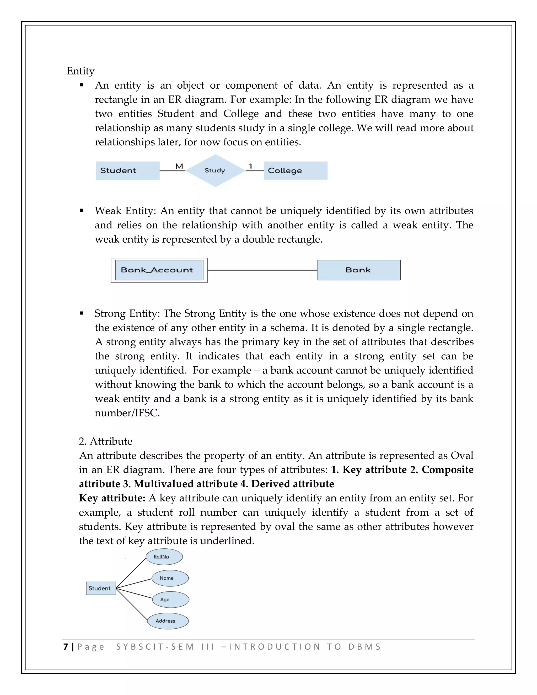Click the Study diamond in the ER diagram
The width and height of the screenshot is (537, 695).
pos(215,170)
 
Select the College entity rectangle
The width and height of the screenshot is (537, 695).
pos(295,170)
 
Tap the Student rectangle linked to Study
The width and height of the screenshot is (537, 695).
pos(128,170)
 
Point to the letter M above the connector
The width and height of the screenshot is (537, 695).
pos(179,166)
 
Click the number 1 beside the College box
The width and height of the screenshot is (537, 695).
pos(250,166)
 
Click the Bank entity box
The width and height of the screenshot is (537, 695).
pos(358,270)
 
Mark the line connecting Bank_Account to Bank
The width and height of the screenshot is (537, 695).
pos(262,270)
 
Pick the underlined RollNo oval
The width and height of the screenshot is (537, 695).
pos(164,557)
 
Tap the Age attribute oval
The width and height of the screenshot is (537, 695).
pos(170,600)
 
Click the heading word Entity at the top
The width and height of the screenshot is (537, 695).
pos(80,71)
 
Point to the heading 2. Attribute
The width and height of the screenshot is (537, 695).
pos(105,441)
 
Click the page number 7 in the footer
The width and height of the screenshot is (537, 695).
pos(66,647)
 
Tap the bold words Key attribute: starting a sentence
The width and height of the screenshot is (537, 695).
pos(112,498)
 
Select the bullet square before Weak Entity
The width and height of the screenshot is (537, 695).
pos(82,210)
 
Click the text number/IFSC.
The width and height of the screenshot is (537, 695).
pos(127,413)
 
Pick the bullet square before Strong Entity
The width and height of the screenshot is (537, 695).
pos(82,313)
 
